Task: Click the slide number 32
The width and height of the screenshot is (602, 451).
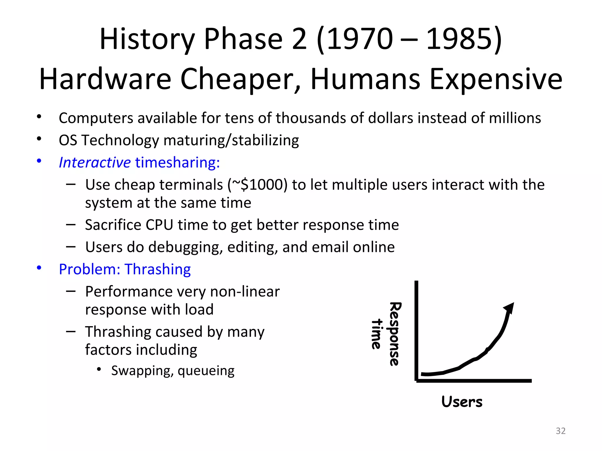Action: (561, 431)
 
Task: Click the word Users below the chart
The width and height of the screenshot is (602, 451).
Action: (462, 402)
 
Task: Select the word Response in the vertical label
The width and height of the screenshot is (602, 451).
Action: (395, 334)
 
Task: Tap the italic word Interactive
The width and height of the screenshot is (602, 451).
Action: (94, 162)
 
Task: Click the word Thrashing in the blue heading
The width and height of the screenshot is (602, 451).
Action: (158, 269)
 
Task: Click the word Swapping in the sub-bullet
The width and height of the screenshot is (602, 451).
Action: (139, 371)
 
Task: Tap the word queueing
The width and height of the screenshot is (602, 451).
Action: (206, 371)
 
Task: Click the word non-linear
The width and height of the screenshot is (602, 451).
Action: (245, 292)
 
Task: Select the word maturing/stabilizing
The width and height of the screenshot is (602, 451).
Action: (231, 140)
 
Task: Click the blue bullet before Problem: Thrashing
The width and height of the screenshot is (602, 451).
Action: (39, 268)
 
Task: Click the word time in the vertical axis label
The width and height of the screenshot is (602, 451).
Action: (377, 334)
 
